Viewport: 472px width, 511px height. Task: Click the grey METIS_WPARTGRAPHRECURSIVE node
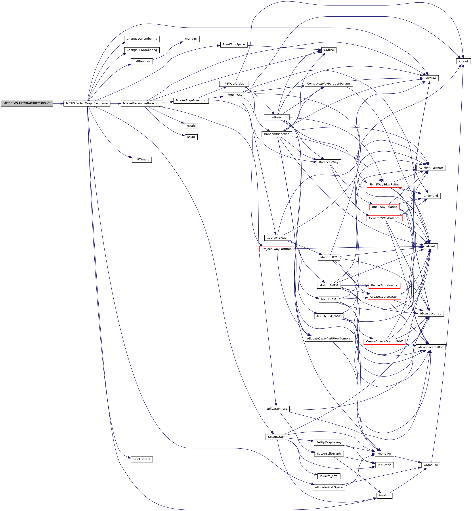[x=27, y=104]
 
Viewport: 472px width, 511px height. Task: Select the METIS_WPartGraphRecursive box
[x=87, y=104]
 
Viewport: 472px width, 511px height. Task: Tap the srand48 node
[x=191, y=39]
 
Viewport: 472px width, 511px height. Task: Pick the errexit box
[x=463, y=61]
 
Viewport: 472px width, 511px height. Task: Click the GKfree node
[x=329, y=50]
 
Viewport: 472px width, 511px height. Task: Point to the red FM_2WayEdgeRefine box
[x=384, y=185]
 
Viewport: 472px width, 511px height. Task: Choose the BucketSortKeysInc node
[x=384, y=285]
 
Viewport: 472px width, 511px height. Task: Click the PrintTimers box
[x=142, y=459]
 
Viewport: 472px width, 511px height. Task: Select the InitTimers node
[x=142, y=160]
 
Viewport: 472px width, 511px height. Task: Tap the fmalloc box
[x=384, y=496]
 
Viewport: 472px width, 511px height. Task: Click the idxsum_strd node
[x=329, y=476]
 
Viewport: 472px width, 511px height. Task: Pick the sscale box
[x=191, y=126]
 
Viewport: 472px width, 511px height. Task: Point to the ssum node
[x=191, y=137]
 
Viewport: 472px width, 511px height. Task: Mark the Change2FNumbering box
[x=142, y=50]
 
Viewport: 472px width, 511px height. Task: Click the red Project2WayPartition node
[x=277, y=249]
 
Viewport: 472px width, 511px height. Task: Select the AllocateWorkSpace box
[x=329, y=487]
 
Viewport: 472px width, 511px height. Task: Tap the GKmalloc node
[x=431, y=465]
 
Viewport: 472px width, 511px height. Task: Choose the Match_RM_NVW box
[x=329, y=316]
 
